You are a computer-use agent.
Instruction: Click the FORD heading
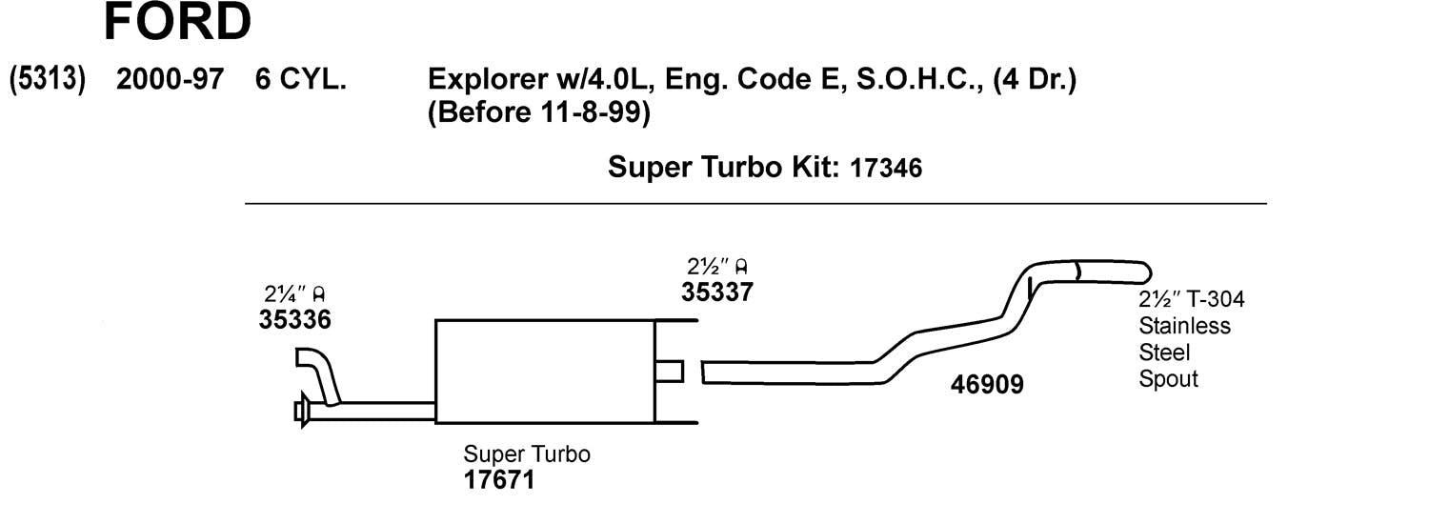pyautogui.click(x=177, y=23)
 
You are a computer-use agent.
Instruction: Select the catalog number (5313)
pyautogui.click(x=47, y=79)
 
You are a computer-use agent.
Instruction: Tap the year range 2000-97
pyautogui.click(x=170, y=79)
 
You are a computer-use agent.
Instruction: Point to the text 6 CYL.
pyautogui.click(x=300, y=79)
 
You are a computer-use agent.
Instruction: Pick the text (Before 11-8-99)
pyautogui.click(x=539, y=113)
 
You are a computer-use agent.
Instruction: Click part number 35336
pyautogui.click(x=294, y=320)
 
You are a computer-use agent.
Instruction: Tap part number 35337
pyautogui.click(x=716, y=292)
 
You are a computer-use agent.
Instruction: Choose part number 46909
pyautogui.click(x=987, y=385)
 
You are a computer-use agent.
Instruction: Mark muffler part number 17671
pyautogui.click(x=498, y=480)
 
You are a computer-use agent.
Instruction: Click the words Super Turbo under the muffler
pyautogui.click(x=526, y=453)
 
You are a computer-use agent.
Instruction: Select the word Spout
pyautogui.click(x=1168, y=378)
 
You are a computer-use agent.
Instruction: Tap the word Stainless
pyautogui.click(x=1184, y=326)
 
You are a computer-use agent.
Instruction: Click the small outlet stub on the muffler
pyautogui.click(x=670, y=371)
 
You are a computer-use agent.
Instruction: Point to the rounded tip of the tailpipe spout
pyautogui.click(x=1146, y=271)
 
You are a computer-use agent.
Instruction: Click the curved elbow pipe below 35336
pyautogui.click(x=318, y=372)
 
